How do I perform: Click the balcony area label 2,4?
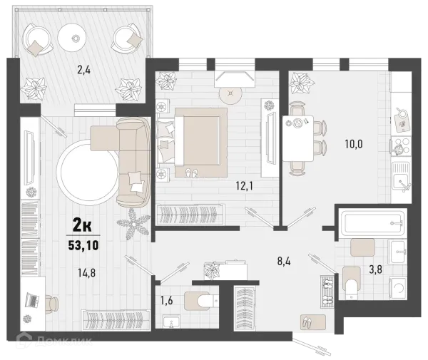pyautogui.click(x=83, y=70)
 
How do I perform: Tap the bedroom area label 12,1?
pyautogui.click(x=244, y=186)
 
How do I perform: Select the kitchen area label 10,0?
pyautogui.click(x=354, y=144)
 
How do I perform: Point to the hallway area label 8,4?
pyautogui.click(x=284, y=262)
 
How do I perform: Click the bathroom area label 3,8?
pyautogui.click(x=376, y=269)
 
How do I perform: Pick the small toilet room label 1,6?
pyautogui.click(x=166, y=301)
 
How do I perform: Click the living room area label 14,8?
pyautogui.click(x=87, y=272)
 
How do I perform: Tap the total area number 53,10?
pyautogui.click(x=83, y=245)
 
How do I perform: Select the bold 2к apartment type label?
pyautogui.click(x=82, y=225)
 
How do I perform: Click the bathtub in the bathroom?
pyautogui.click(x=373, y=222)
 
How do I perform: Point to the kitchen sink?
pyautogui.click(x=401, y=176)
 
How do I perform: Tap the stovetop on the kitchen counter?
pyautogui.click(x=401, y=146)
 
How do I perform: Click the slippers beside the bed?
pyautogui.click(x=191, y=173)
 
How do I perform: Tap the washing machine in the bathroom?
pyautogui.click(x=398, y=287)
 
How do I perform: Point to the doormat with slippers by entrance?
pyautogui.click(x=313, y=322)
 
